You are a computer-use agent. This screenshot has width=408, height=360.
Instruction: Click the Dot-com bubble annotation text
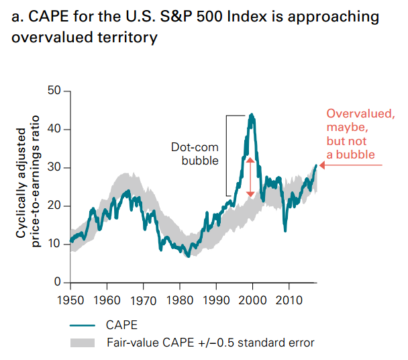click(200, 154)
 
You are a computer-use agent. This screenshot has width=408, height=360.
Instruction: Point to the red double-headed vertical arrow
click(250, 177)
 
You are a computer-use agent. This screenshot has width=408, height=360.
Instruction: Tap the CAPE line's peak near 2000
click(252, 115)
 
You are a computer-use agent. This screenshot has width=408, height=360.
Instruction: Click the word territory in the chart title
click(123, 38)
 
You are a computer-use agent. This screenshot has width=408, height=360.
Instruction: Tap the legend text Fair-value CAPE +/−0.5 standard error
click(210, 343)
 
